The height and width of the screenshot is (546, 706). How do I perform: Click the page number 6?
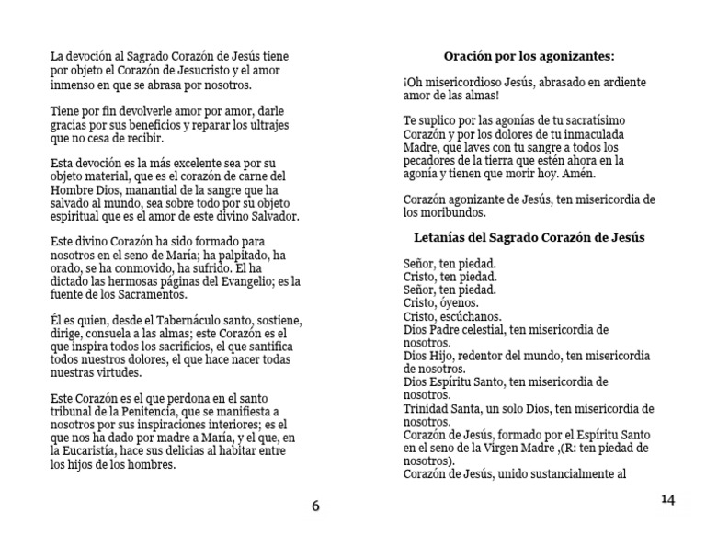pos(315,506)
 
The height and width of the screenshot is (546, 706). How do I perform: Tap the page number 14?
pos(667,499)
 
